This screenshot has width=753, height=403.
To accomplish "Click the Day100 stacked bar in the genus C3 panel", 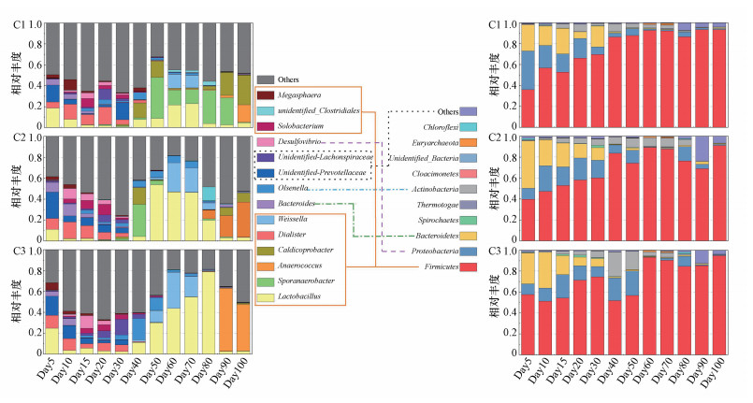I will [x=242, y=300].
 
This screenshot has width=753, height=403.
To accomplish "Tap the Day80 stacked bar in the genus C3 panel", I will [x=209, y=300].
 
